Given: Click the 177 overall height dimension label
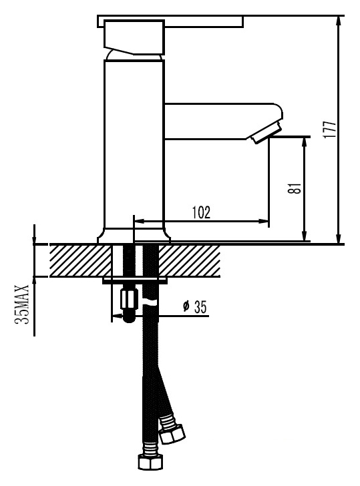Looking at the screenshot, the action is click(x=330, y=129).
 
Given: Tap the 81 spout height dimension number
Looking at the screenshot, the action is click(x=295, y=188).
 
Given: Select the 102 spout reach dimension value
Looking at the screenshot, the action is click(x=201, y=212).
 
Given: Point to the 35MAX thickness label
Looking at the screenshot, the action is click(x=22, y=304).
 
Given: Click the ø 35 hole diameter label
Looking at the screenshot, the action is click(x=195, y=307).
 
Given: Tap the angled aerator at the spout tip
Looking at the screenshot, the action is click(x=266, y=132).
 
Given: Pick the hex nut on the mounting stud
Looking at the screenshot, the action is click(x=130, y=298).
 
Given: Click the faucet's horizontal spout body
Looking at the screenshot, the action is click(x=221, y=121).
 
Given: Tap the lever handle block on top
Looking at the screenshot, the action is click(x=134, y=37).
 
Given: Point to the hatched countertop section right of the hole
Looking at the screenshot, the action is click(x=190, y=260).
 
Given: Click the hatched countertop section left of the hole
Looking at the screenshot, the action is click(x=80, y=260).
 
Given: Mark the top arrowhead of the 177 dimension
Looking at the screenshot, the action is click(x=340, y=21).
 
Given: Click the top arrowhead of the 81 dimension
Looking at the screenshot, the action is click(x=305, y=143).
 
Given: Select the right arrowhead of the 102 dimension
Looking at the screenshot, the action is click(x=263, y=221).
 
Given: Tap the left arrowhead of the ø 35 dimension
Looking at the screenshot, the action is click(x=117, y=316).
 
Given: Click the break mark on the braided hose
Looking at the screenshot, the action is click(x=150, y=302).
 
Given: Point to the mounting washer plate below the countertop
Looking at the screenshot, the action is click(x=134, y=281).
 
